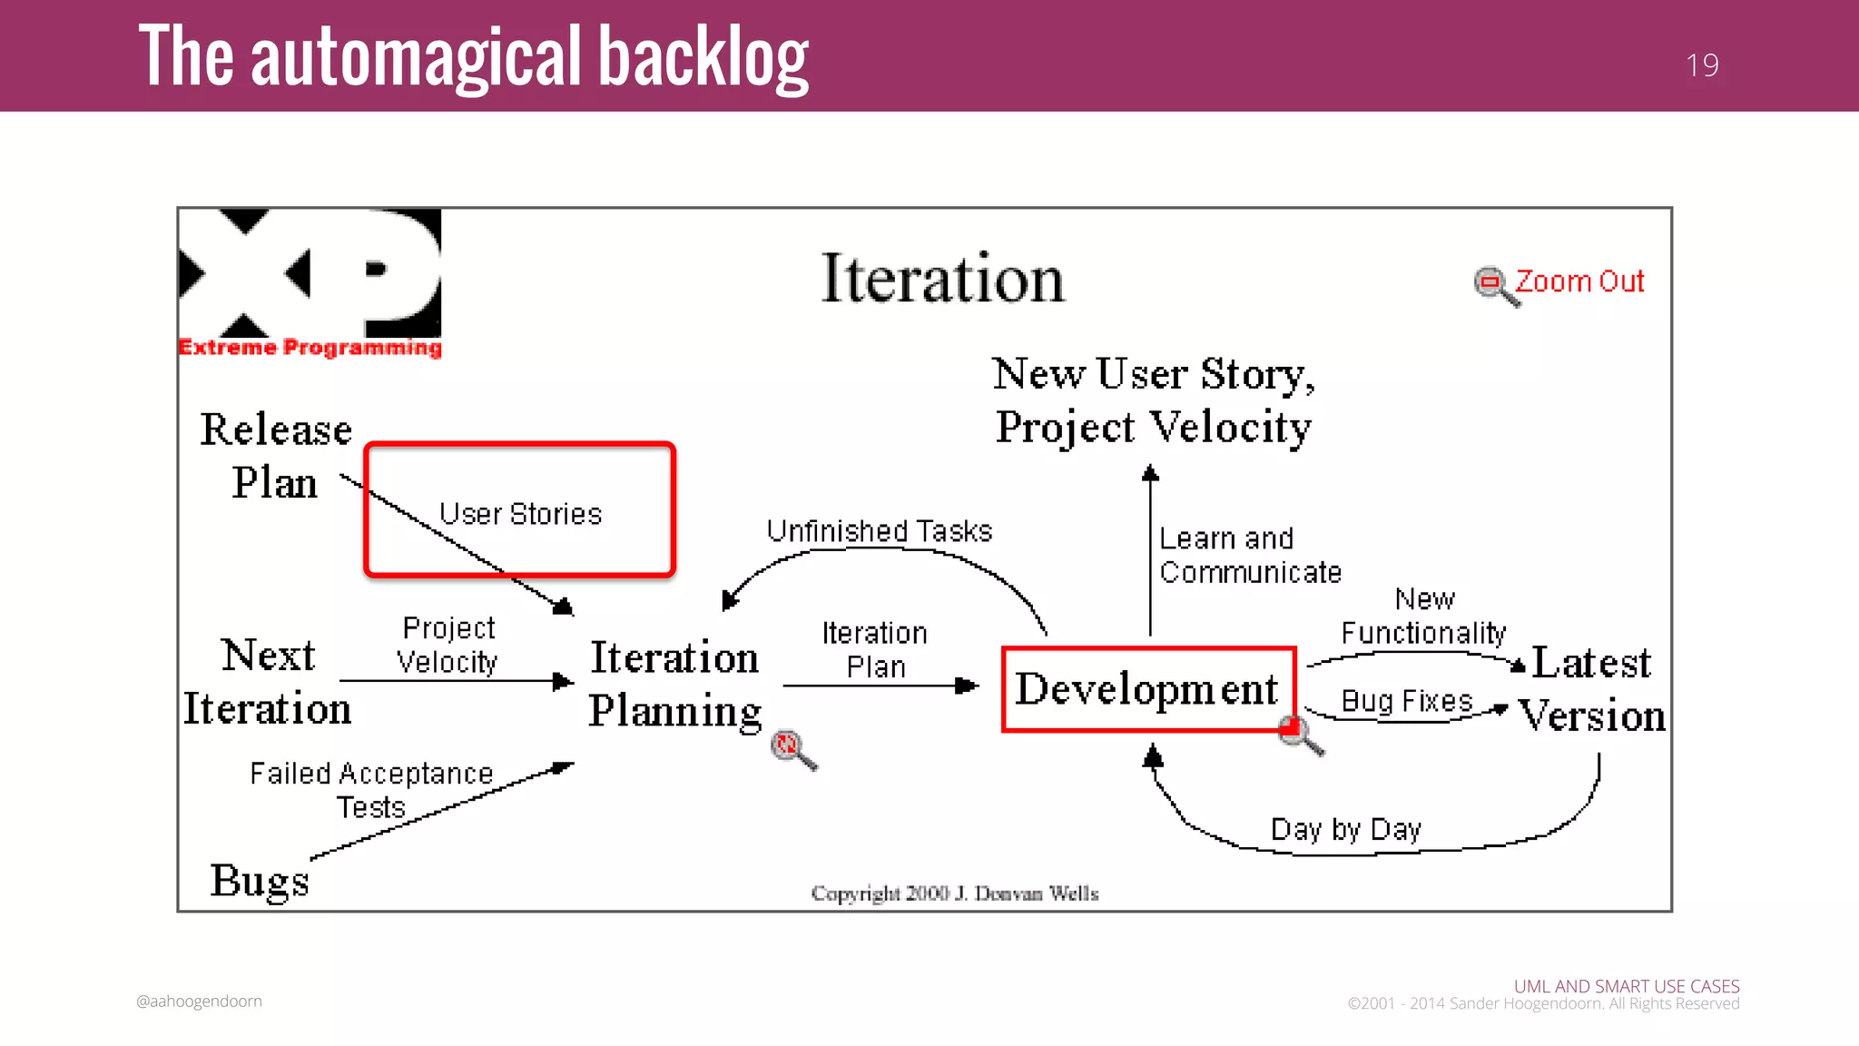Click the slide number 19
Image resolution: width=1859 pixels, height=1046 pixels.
(1702, 65)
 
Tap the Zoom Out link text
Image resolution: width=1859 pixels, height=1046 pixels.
(1579, 281)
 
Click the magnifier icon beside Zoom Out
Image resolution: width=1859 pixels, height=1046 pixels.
(1494, 285)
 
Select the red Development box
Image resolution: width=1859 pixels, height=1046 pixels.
(1147, 688)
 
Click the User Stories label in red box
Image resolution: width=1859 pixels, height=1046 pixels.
(520, 514)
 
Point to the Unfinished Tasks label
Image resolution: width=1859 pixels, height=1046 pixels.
(879, 531)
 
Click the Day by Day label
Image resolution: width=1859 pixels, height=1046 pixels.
(1345, 829)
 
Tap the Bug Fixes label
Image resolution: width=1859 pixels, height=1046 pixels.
(1406, 701)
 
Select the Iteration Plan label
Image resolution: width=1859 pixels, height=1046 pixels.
(875, 649)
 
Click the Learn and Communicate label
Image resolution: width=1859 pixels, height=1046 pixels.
(1248, 556)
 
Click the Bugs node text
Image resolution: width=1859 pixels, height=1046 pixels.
(260, 880)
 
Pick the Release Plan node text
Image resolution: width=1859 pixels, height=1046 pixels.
(275, 456)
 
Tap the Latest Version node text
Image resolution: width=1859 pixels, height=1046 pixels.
(1592, 689)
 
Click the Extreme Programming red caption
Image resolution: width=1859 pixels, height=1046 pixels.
(310, 348)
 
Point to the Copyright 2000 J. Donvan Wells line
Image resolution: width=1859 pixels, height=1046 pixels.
(954, 893)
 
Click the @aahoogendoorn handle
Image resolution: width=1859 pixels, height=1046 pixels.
(199, 1002)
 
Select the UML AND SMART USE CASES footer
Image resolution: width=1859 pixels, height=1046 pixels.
(1626, 986)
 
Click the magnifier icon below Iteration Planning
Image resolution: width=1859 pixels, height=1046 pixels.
(792, 749)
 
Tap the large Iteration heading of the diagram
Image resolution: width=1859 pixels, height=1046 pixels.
(942, 279)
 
